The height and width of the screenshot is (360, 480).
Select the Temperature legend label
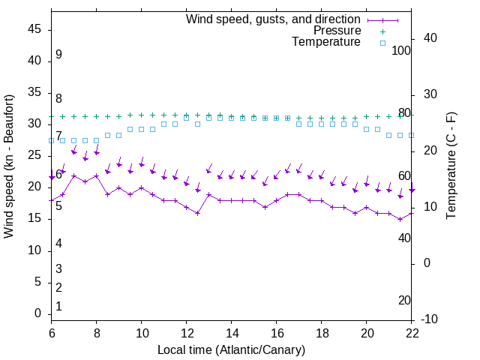click(326, 42)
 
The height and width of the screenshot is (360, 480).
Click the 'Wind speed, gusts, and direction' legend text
click(273, 19)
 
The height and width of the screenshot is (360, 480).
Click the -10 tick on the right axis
click(431, 319)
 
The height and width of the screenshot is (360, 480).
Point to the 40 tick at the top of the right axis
click(430, 38)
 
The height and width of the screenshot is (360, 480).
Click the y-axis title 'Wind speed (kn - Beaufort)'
click(10, 166)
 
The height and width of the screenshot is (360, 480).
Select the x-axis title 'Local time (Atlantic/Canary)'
click(231, 349)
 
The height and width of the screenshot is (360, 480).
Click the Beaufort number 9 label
click(58, 55)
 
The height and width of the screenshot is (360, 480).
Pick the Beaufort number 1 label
click(58, 306)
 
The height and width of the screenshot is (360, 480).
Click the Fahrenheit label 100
click(402, 50)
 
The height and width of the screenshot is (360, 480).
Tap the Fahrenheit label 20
click(404, 300)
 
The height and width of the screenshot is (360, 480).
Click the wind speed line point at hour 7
click(74, 175)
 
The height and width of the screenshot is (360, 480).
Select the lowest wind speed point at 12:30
click(197, 213)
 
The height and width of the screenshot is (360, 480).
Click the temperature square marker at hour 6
click(52, 140)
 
